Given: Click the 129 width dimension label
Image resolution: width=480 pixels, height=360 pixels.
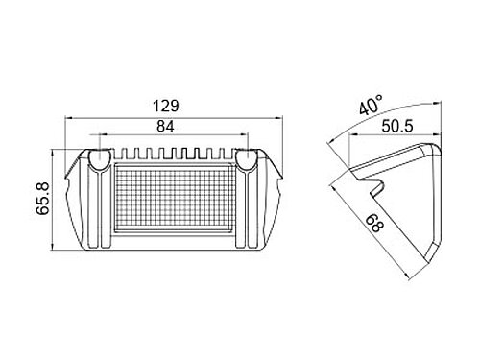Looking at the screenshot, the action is [x=166, y=106].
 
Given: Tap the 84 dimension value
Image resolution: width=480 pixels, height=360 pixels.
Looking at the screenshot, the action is [x=165, y=127].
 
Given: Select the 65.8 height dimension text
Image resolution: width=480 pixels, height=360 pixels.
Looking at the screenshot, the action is [x=42, y=198].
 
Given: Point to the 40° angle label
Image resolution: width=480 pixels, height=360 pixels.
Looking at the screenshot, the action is [x=371, y=104].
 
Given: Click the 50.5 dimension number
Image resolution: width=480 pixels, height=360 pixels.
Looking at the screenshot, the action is [x=397, y=126].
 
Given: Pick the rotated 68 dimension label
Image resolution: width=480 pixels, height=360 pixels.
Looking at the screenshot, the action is [x=373, y=224].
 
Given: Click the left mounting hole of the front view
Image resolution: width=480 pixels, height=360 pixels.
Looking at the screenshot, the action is [x=100, y=160].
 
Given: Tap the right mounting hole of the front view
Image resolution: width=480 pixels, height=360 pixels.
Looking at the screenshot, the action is [x=247, y=160].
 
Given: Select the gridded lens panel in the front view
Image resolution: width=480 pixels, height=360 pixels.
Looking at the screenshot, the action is [x=173, y=199].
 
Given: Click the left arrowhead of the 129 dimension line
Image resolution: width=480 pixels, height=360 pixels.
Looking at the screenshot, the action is [x=68, y=118].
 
